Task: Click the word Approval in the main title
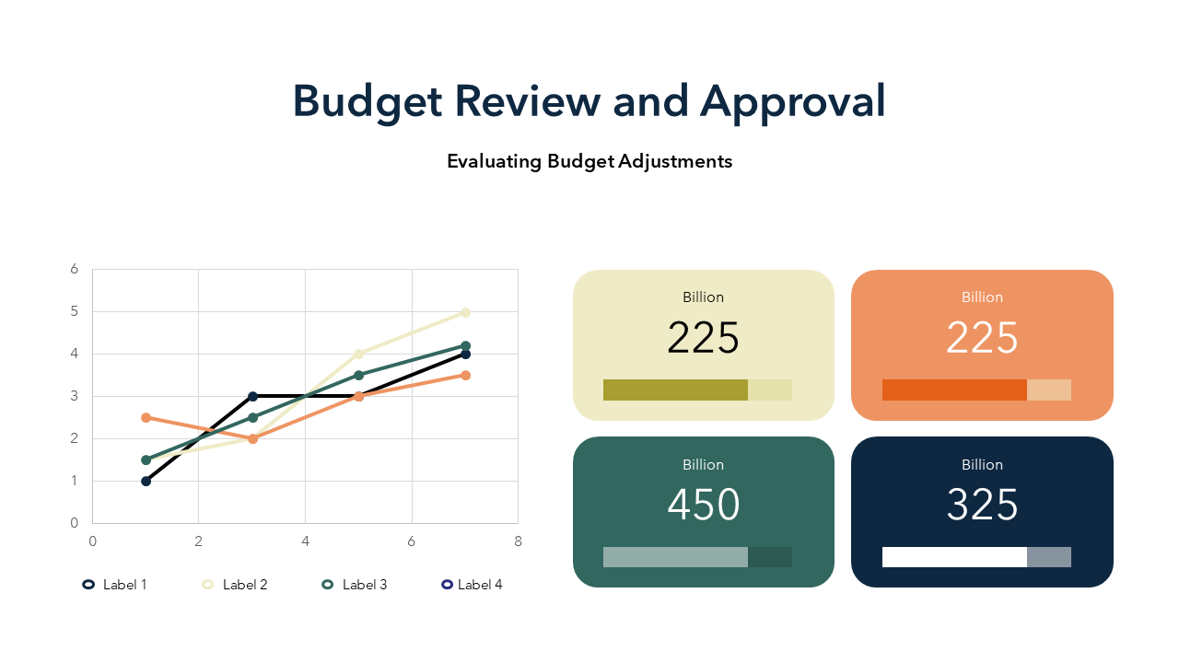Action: tap(792, 101)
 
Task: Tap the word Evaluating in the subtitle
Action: tap(494, 161)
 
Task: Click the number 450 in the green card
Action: tap(704, 506)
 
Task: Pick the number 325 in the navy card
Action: tap(982, 506)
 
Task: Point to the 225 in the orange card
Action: tap(982, 339)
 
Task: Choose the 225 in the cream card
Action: tap(704, 339)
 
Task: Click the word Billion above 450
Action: tap(704, 465)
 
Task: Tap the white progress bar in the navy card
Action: tap(954, 557)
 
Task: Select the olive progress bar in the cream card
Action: tap(675, 390)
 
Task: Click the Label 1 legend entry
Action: tap(115, 585)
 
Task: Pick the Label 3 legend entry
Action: tap(355, 585)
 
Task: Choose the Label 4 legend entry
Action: tap(472, 585)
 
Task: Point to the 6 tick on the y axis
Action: tap(75, 270)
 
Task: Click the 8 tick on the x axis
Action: tap(518, 541)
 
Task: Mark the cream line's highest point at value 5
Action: tap(465, 312)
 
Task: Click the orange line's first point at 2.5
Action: tap(146, 417)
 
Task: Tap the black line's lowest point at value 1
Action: tap(146, 481)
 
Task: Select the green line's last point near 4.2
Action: tap(465, 346)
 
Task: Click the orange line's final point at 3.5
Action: tap(465, 375)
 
